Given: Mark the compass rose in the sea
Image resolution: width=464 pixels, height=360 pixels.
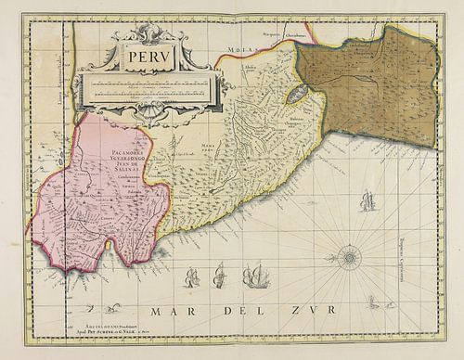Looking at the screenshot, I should tap(349, 254).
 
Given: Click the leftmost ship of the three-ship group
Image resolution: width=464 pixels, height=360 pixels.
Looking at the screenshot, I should tap(192, 276).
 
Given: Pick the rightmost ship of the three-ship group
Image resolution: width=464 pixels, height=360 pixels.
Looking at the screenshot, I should tap(253, 274).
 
